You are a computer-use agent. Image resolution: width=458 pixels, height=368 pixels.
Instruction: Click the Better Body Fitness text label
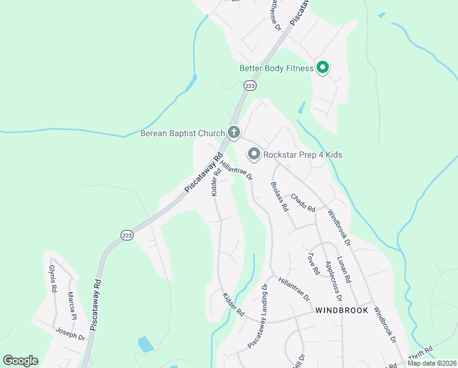coord(276,68)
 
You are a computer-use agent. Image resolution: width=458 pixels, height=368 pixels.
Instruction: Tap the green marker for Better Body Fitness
coord(323,68)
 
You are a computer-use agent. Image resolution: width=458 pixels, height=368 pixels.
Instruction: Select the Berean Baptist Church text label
coord(183,132)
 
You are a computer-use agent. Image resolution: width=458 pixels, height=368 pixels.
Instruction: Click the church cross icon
coord(233,132)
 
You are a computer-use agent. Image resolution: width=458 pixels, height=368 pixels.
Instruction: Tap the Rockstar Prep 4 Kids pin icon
coord(253,154)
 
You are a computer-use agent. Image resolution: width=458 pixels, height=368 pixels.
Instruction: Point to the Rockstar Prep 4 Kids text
coord(302,155)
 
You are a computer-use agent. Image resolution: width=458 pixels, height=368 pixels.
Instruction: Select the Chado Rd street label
coord(302,203)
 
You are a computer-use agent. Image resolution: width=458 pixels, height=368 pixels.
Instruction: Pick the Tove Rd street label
coord(314,263)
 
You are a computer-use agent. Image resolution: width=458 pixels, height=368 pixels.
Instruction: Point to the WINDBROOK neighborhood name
coord(342,310)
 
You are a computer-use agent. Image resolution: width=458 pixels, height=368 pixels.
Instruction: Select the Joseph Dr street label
coord(70,335)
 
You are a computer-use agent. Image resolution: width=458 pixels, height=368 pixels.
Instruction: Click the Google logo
coord(20,361)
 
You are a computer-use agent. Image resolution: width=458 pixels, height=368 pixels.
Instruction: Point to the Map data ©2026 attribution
coord(432,363)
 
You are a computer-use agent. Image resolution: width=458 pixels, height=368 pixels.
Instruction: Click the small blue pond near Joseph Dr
coord(146,344)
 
